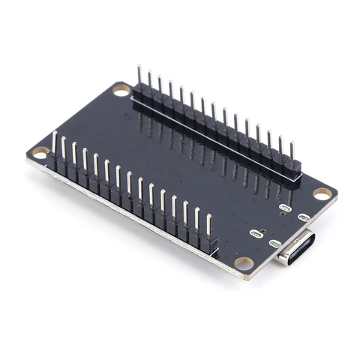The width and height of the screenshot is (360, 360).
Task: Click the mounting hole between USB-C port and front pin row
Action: pos(244,263)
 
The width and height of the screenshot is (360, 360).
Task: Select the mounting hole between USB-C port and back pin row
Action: pos(322,193)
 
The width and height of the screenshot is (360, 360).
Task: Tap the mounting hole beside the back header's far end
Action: pos(121,90)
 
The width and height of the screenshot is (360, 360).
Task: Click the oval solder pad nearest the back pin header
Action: pos(284,207)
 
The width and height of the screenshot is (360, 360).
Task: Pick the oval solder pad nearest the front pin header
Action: pos(256,233)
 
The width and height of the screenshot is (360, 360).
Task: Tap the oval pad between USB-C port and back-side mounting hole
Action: pos(304,217)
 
